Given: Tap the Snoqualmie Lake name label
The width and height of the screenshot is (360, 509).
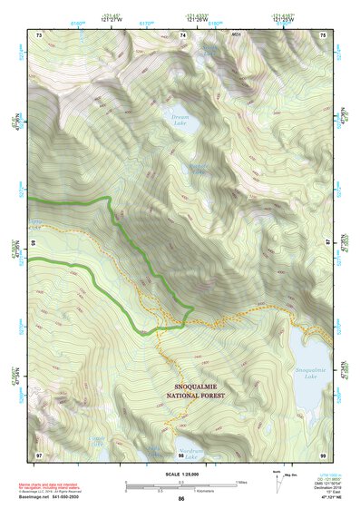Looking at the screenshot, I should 308,371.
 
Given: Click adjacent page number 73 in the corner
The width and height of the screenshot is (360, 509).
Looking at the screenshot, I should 39,34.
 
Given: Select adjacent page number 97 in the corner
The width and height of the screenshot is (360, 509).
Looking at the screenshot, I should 39,454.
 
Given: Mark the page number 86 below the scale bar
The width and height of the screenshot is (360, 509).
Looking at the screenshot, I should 181,499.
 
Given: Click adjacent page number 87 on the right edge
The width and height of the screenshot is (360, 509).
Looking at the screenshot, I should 327,243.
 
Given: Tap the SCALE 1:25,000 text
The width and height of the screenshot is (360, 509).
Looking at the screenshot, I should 180,473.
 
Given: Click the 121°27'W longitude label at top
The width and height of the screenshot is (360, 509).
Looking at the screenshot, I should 112,18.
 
